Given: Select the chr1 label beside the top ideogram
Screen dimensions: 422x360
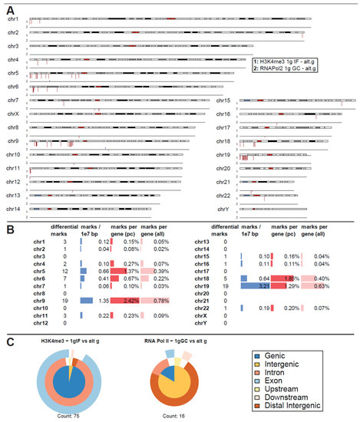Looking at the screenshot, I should [14, 18].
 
